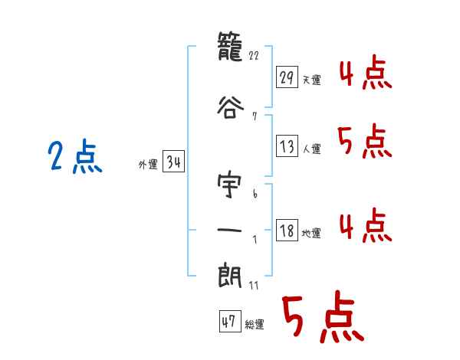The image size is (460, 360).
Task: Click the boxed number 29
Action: (x=287, y=77)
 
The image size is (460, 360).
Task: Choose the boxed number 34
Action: (x=173, y=162)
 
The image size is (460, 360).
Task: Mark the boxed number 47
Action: (x=229, y=322)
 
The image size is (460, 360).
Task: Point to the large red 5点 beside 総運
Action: (x=321, y=319)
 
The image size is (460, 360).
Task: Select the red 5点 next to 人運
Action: (x=365, y=142)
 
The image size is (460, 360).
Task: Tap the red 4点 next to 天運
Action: (x=365, y=74)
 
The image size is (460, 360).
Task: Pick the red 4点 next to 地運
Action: (x=365, y=226)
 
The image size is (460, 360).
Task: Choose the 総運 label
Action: (x=255, y=325)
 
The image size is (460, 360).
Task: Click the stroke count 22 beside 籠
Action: (x=256, y=56)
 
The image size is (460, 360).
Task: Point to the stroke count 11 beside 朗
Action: (x=255, y=285)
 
